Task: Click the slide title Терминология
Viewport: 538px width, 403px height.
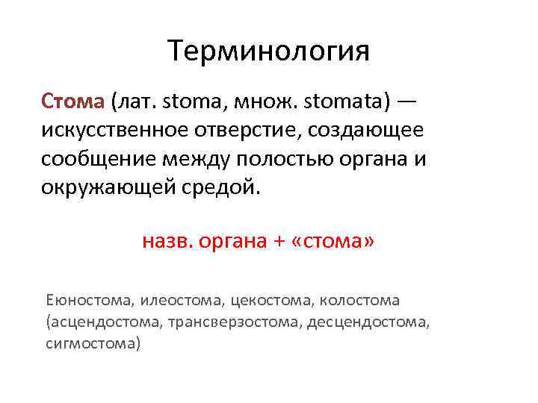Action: point(269,51)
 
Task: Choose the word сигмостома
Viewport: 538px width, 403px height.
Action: point(93,344)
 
